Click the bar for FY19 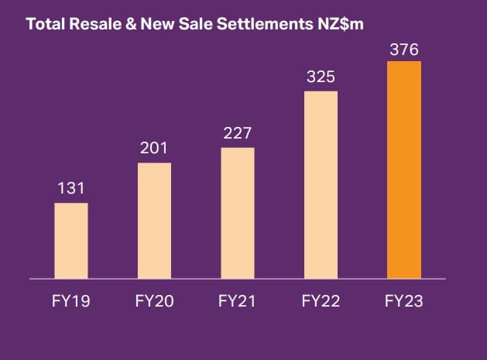pyautogui.click(x=71, y=240)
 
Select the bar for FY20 pyautogui.click(x=154, y=220)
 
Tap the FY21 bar pyautogui.click(x=238, y=212)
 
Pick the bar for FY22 pyautogui.click(x=321, y=184)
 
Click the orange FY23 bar pyautogui.click(x=404, y=169)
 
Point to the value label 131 pyautogui.click(x=71, y=188)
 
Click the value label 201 pyautogui.click(x=154, y=148)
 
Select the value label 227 pyautogui.click(x=238, y=132)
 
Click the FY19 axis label pyautogui.click(x=71, y=302)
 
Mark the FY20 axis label pyautogui.click(x=154, y=302)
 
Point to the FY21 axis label pyautogui.click(x=238, y=302)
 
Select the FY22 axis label pyautogui.click(x=321, y=302)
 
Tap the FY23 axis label pyautogui.click(x=404, y=302)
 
